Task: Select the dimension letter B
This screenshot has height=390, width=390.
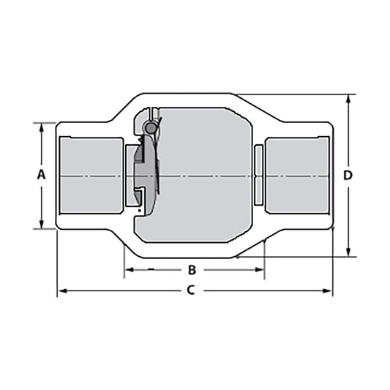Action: [x=192, y=269]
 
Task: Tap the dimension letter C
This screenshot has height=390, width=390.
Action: [x=190, y=290]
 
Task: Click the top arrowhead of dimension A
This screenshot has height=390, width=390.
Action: [x=42, y=127]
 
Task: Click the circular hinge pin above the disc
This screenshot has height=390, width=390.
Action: [x=151, y=128]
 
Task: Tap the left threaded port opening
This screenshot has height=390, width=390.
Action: [x=92, y=176]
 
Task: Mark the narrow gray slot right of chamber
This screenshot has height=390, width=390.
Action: [x=258, y=176]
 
